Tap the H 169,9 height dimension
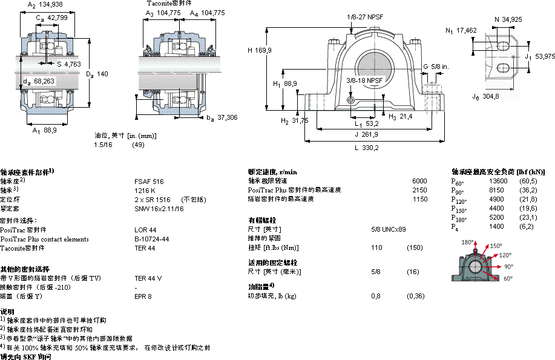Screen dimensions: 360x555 coord(258,50)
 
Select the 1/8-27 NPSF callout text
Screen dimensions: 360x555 coord(366,17)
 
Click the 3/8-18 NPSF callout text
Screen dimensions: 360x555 coord(364,80)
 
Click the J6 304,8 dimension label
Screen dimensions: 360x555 coord(485,96)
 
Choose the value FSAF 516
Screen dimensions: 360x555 coord(149,181)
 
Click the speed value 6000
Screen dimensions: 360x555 coord(419,181)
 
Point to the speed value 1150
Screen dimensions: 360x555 coord(419,199)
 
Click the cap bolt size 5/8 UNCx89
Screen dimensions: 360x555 coord(388,229)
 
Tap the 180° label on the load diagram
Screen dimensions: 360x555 coord(468,242)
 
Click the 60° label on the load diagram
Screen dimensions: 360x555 coord(508,278)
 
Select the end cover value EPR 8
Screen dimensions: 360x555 coord(143,296)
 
